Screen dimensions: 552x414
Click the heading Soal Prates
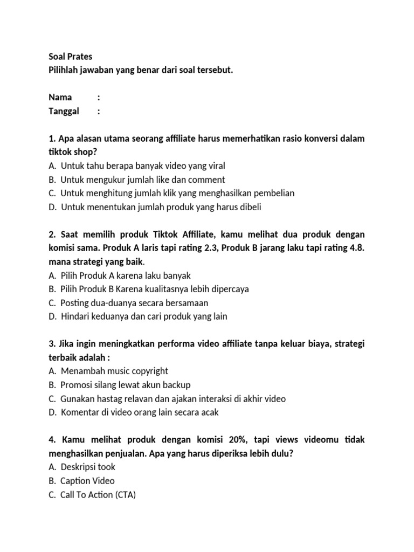click(x=70, y=56)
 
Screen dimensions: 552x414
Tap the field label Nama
click(x=60, y=98)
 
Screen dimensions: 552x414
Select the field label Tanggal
click(x=64, y=111)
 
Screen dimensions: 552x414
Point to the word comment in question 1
click(x=207, y=180)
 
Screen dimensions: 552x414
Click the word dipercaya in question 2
click(x=228, y=289)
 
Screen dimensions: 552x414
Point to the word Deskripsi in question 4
click(x=80, y=467)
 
